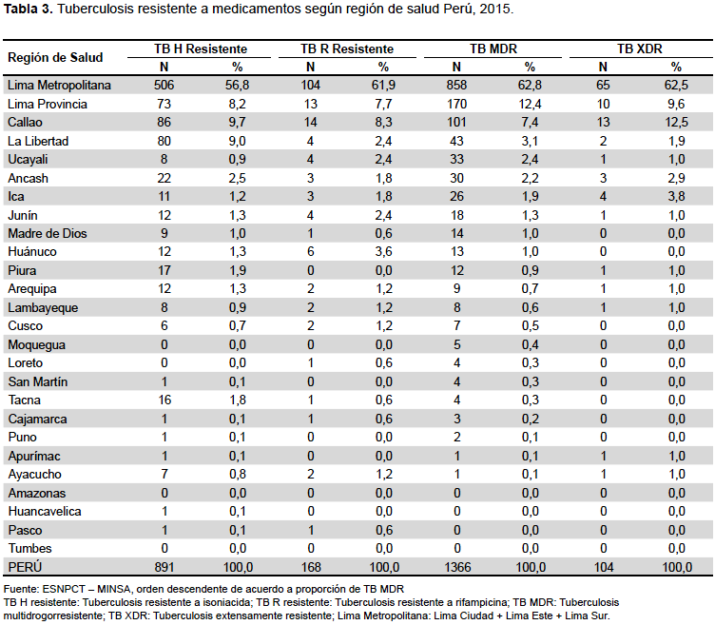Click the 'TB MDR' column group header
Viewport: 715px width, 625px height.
click(x=493, y=49)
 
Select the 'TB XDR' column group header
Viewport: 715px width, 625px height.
click(x=640, y=49)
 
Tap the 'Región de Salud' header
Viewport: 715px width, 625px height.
click(x=55, y=57)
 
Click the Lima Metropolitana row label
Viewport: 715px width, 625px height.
click(x=59, y=86)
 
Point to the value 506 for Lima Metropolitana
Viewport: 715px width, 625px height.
click(x=164, y=86)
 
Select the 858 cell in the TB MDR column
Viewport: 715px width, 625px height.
click(x=457, y=86)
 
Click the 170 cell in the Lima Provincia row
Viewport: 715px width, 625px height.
click(x=457, y=104)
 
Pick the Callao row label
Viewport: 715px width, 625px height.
click(x=25, y=123)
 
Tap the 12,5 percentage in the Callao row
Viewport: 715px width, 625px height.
click(x=676, y=123)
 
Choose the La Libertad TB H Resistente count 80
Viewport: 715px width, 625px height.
click(x=164, y=141)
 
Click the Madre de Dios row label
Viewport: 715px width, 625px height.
click(x=48, y=234)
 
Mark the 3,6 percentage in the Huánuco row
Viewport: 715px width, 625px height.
click(x=383, y=252)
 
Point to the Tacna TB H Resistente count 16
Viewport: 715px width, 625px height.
click(x=164, y=400)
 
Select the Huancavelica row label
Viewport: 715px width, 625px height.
click(x=45, y=512)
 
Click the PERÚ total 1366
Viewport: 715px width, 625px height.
click(x=457, y=567)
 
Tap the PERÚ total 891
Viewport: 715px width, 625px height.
click(x=164, y=567)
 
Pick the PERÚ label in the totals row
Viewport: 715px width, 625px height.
click(x=25, y=567)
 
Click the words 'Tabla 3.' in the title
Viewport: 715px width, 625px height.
click(x=29, y=9)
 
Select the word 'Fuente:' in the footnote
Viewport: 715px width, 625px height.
click(x=22, y=589)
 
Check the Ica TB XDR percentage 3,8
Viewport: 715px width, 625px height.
click(x=676, y=197)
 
